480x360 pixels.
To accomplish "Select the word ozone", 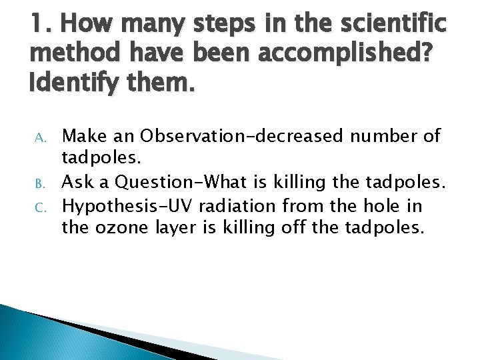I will pos(119,228).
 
